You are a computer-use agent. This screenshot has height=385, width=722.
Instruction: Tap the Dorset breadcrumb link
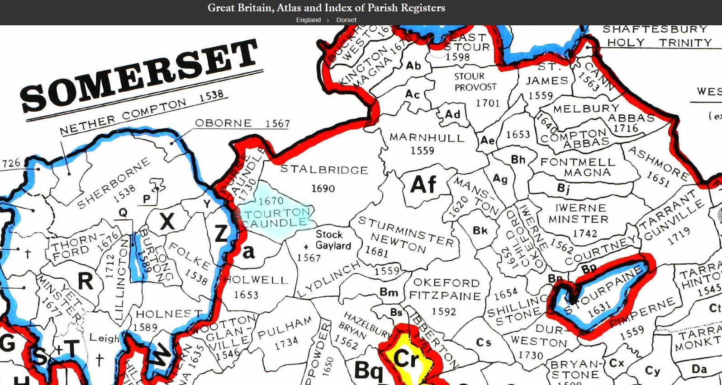coord(346,20)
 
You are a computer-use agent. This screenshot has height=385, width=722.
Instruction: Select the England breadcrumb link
coord(308,20)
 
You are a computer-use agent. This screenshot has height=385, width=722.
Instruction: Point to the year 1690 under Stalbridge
coord(323,188)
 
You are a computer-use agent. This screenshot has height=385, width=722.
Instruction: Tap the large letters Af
coord(423,185)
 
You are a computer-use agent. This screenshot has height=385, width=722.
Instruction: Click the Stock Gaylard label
coord(333,240)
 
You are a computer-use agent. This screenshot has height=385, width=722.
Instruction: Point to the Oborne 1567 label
coord(242,123)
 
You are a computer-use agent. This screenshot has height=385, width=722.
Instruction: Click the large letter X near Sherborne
coord(167,222)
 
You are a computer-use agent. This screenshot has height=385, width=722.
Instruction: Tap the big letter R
coord(85,281)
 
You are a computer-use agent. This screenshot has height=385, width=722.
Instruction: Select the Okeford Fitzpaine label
coord(446,290)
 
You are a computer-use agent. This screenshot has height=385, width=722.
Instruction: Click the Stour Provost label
coord(475,82)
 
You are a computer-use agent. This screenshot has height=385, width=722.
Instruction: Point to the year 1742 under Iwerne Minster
coord(585,234)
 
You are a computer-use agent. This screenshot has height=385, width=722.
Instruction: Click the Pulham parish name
coord(285,329)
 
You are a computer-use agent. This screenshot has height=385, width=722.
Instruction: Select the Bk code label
coord(480,231)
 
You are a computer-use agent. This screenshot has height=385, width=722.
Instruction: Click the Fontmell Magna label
coord(578,167)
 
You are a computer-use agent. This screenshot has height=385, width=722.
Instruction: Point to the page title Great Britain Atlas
coord(326,8)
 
